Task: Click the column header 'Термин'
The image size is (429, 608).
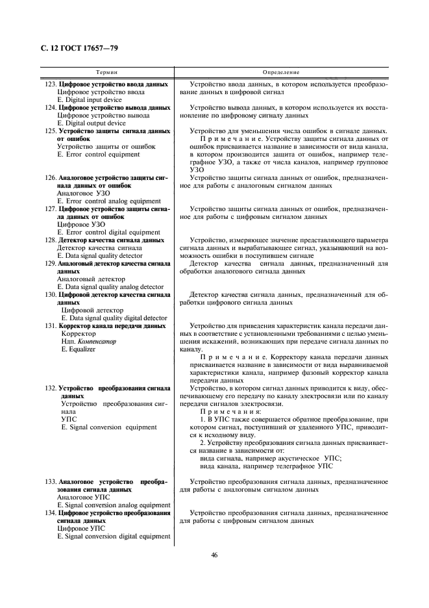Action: point(107,73)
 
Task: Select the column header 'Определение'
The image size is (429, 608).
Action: point(281,73)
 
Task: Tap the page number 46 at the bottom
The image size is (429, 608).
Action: point(214,554)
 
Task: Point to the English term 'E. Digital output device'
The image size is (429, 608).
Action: point(91,123)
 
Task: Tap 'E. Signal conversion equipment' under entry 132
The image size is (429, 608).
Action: point(108,427)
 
